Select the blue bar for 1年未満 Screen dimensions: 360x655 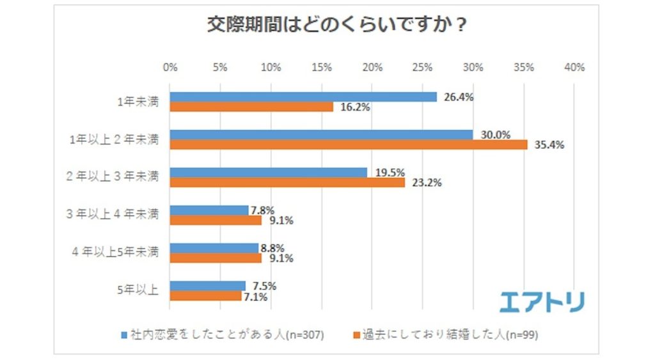point(303,97)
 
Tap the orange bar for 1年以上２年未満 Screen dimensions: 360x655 point(349,145)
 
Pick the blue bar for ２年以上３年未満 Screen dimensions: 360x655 point(269,173)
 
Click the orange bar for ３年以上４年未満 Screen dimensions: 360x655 point(216,220)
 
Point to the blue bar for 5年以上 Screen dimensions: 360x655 point(208,286)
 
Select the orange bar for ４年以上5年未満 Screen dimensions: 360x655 point(216,258)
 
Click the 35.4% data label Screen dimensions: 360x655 point(549,145)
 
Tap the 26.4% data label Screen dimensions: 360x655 point(459,97)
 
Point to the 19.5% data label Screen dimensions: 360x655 point(390,173)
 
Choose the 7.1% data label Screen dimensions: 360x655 point(255,296)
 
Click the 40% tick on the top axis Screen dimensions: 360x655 point(574,67)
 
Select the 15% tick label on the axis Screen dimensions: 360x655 point(322,67)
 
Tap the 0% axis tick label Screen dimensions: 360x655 point(170,67)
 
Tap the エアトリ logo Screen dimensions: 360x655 point(542,301)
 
